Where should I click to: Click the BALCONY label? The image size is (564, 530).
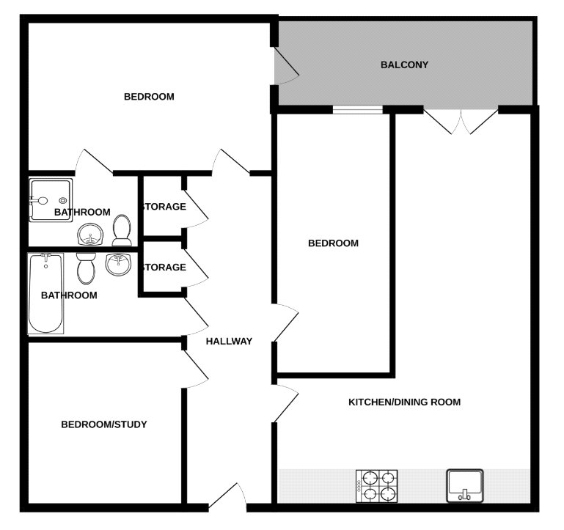pyautogui.click(x=404, y=65)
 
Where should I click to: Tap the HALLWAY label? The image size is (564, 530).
pyautogui.click(x=229, y=341)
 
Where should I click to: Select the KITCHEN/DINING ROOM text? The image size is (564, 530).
pyautogui.click(x=404, y=402)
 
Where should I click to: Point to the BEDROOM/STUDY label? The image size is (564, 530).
pyautogui.click(x=104, y=424)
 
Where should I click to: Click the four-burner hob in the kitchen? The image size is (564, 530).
pyautogui.click(x=377, y=485)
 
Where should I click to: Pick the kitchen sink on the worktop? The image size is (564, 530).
pyautogui.click(x=464, y=485)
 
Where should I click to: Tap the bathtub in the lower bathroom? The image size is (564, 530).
pyautogui.click(x=45, y=293)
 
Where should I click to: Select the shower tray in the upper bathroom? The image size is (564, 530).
pyautogui.click(x=50, y=199)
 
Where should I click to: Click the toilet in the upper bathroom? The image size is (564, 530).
pyautogui.click(x=122, y=230)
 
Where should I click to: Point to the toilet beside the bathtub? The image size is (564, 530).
pyautogui.click(x=86, y=268)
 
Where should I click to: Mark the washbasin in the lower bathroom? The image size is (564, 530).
pyautogui.click(x=117, y=264)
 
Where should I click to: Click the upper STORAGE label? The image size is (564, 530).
pyautogui.click(x=163, y=207)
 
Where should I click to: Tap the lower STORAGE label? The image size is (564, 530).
pyautogui.click(x=163, y=267)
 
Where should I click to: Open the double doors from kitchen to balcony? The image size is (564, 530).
pyautogui.click(x=461, y=121)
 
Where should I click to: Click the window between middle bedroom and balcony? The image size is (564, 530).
pyautogui.click(x=357, y=110)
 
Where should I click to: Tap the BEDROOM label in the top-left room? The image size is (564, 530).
pyautogui.click(x=149, y=96)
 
